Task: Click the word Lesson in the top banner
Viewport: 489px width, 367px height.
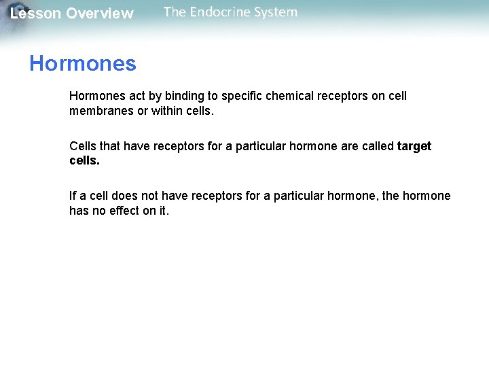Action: [x=35, y=14]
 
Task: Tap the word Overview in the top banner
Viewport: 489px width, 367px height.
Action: [x=100, y=14]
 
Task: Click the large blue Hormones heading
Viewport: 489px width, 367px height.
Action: [x=82, y=64]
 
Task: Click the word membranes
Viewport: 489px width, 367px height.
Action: [x=101, y=111]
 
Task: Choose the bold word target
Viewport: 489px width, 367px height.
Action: [x=414, y=146]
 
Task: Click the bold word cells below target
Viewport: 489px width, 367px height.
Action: [x=84, y=161]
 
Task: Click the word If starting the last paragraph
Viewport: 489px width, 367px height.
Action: [x=73, y=196]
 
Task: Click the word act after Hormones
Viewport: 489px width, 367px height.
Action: [x=137, y=96]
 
